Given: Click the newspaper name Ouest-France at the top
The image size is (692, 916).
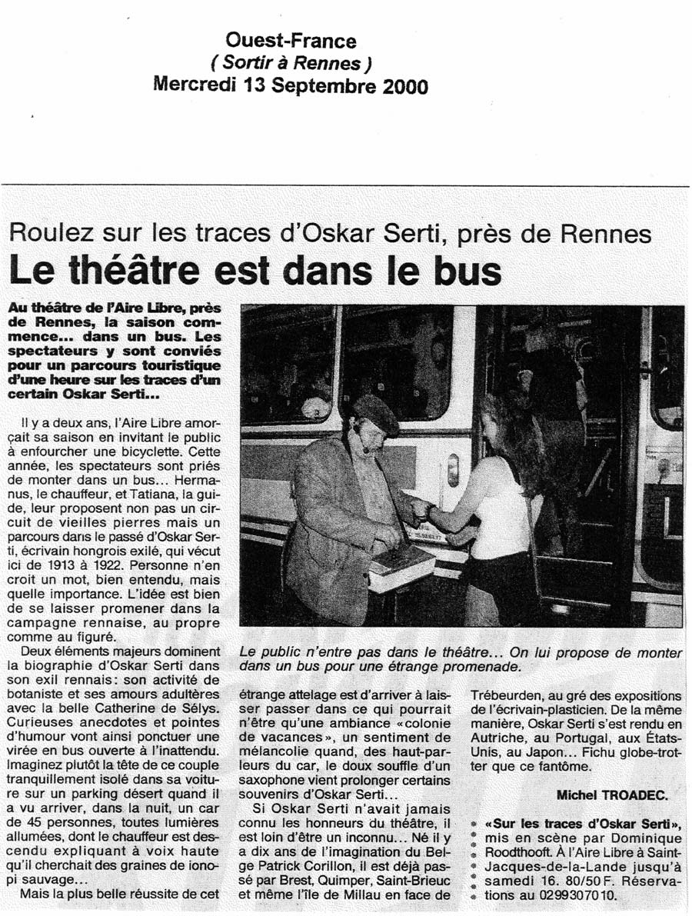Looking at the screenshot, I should [x=291, y=40].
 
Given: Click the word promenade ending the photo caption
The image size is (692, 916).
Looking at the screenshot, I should [x=471, y=668].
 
